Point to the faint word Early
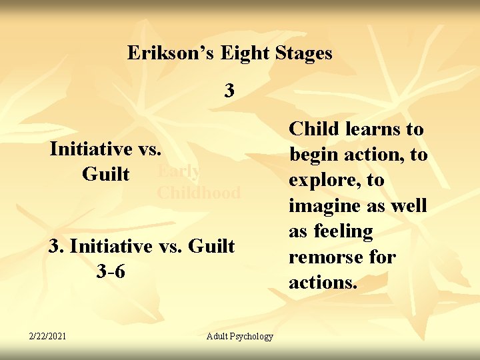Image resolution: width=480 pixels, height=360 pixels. coord(178,171)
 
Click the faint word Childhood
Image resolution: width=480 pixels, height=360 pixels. coord(198,193)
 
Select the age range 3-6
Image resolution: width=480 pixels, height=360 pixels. coord(111,272)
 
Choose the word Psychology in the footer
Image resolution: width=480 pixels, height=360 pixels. coord(252,336)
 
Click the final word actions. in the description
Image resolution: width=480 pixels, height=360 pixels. coord(323,282)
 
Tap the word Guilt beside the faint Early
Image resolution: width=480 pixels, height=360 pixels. coord(105,174)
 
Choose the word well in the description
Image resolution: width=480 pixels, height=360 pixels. coord(407,206)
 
